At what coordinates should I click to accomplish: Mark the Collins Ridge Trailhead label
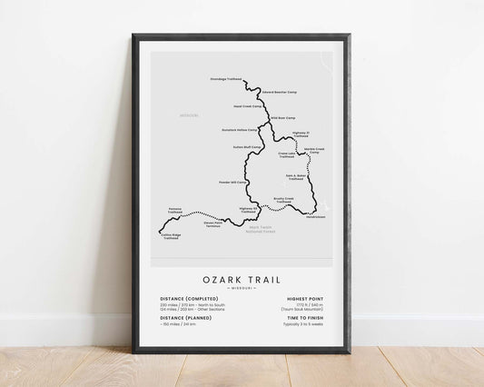(x=173, y=236)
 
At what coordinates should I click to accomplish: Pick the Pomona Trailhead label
(x=175, y=211)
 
